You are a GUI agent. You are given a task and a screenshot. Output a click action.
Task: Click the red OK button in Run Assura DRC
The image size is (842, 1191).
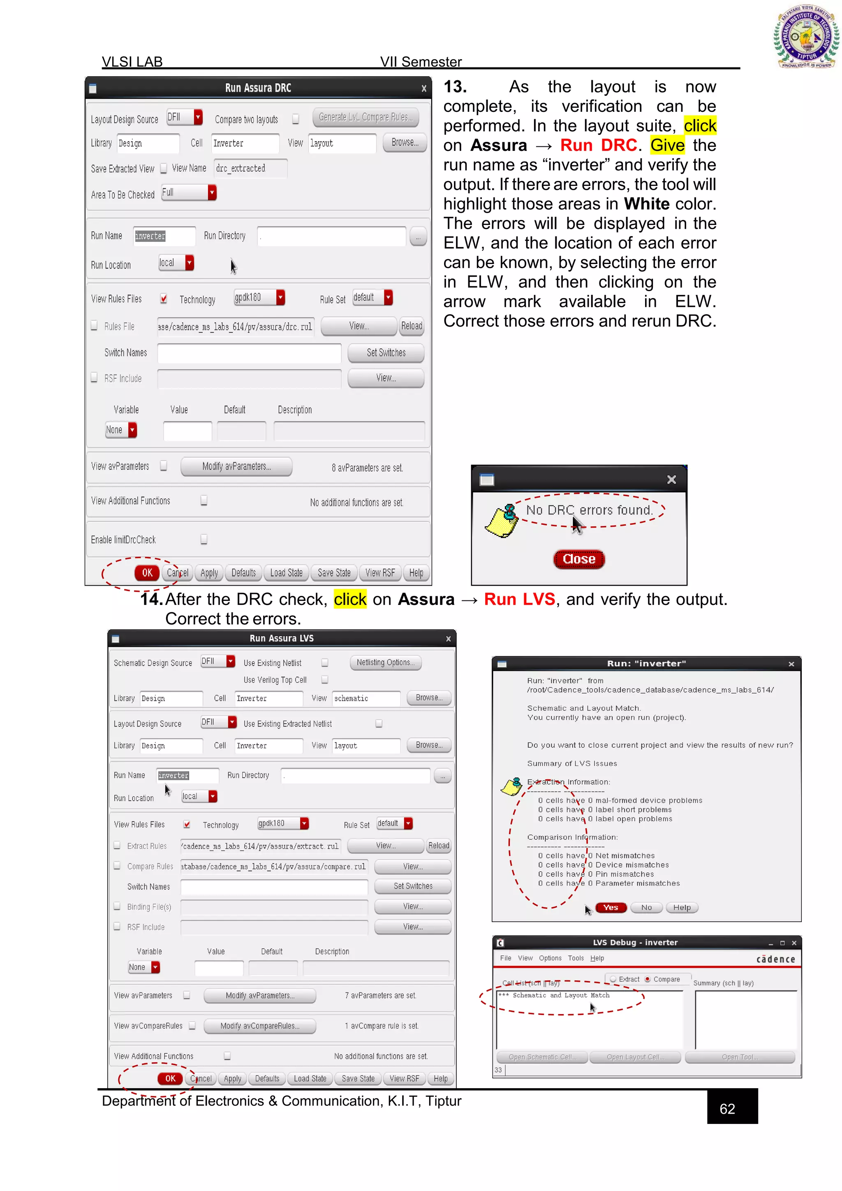coord(147,573)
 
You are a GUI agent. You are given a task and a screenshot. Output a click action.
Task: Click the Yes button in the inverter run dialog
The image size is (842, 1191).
coord(611,907)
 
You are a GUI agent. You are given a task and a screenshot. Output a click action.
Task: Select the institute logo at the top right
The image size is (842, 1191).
coord(806,36)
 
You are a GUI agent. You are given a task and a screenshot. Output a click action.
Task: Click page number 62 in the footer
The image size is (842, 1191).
coord(727,1108)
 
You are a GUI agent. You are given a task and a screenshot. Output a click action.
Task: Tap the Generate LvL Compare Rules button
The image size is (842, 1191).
coord(365,117)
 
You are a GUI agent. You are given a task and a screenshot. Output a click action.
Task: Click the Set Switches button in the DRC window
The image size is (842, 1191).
coord(386,353)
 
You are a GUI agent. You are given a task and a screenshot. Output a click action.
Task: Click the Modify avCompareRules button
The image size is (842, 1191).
coord(260,1026)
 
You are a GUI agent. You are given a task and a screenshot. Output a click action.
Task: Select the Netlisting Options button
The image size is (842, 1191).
coord(385,663)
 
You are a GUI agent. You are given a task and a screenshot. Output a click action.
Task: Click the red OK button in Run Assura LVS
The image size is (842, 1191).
coord(170,1078)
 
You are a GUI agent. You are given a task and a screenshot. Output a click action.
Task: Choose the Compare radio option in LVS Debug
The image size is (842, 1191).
coord(648,979)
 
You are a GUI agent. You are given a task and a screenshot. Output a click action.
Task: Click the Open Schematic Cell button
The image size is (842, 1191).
coord(542,1057)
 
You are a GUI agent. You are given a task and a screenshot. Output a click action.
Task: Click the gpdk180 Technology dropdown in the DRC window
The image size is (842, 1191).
coord(259,297)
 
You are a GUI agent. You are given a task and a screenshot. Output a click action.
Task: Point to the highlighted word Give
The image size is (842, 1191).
coord(667,145)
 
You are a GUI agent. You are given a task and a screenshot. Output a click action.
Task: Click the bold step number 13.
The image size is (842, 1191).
coord(455,87)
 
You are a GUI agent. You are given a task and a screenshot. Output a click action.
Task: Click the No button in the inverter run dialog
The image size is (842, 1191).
coord(646,907)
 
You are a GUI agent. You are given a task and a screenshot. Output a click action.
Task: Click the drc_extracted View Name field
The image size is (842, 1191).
coord(250,169)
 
